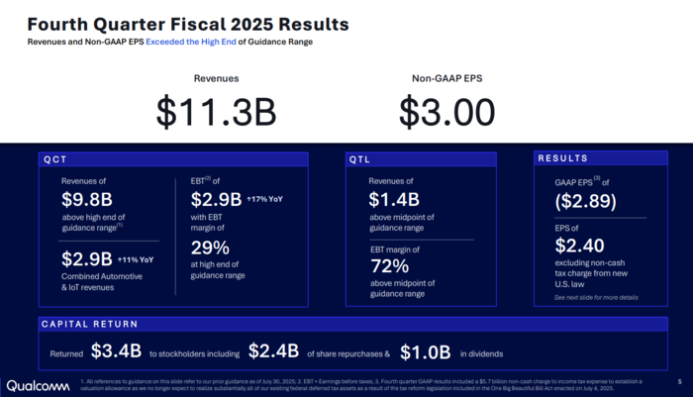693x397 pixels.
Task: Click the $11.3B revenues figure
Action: click(x=216, y=112)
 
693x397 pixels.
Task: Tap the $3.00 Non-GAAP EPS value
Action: click(x=447, y=112)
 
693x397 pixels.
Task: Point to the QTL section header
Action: click(x=360, y=158)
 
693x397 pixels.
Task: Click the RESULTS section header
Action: click(x=562, y=158)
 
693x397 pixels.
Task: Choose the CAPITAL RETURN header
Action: click(x=88, y=324)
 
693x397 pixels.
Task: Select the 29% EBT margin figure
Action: click(x=210, y=248)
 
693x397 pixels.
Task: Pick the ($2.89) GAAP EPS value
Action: click(x=586, y=202)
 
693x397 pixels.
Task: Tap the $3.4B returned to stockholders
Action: click(x=117, y=351)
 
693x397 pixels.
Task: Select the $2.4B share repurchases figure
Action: click(x=273, y=351)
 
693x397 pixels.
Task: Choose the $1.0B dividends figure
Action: click(x=426, y=351)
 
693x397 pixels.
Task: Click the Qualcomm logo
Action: click(x=37, y=385)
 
